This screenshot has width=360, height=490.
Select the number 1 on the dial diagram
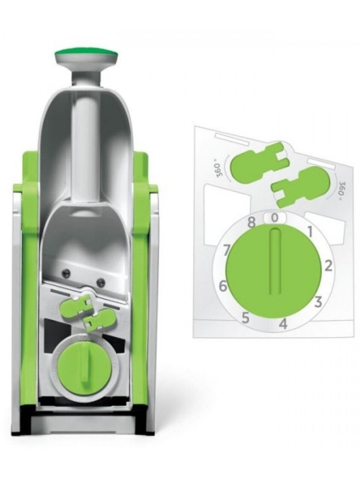point(310,232)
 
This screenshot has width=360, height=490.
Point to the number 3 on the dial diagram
point(318,302)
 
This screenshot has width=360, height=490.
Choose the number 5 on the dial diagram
point(246,318)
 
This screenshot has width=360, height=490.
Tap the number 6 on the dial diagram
point(223,286)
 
